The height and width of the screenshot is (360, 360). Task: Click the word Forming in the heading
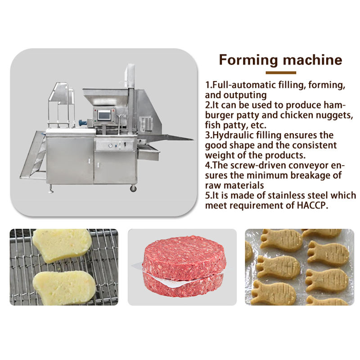pos(249,60)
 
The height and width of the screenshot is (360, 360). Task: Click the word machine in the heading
pos(312,60)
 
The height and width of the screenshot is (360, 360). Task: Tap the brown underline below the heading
pos(281,73)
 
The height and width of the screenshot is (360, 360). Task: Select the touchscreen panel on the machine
pos(104,115)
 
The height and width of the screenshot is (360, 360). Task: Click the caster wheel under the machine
pos(133,189)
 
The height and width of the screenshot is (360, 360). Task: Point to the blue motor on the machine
pos(83,123)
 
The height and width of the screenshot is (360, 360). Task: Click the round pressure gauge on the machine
pos(110,145)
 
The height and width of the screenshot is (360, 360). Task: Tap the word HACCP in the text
pos(312,205)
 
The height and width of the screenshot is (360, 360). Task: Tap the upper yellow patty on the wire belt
pos(62,245)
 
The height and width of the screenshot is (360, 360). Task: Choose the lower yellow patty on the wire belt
pos(64,288)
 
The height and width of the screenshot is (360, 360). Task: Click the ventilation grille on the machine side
pos(146,124)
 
